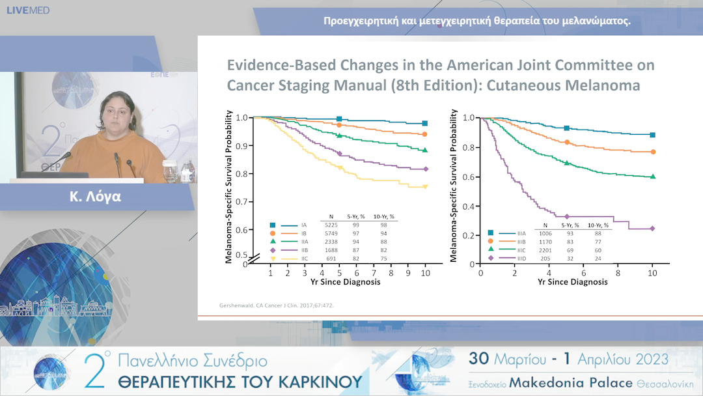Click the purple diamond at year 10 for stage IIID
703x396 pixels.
pos(652,229)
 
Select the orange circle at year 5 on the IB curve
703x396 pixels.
pos(339,124)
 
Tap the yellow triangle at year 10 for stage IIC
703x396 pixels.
pos(425,187)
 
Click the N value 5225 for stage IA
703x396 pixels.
pos(331,225)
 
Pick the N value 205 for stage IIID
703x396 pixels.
pos(540,259)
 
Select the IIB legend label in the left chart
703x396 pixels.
pos(304,250)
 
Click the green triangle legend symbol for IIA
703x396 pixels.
pos(273,242)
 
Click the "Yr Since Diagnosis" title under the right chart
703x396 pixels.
pos(573,282)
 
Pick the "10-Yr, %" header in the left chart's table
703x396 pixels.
pos(383,216)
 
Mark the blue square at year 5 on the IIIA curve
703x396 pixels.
pos(566,128)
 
